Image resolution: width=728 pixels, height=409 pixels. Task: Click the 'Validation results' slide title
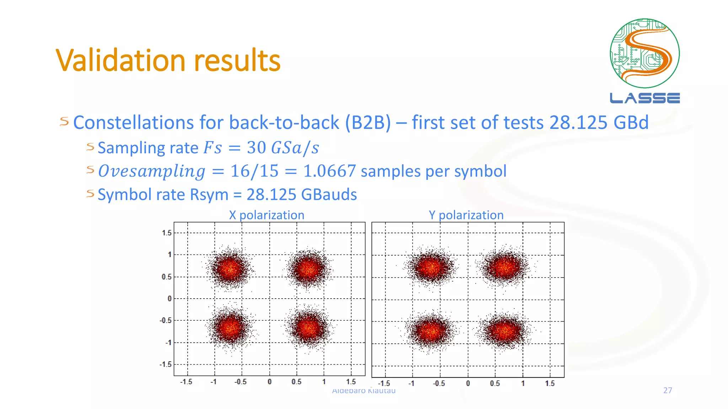(x=168, y=60)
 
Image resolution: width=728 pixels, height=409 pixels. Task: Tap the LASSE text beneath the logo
(x=644, y=98)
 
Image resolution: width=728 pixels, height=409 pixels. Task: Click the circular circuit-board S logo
(x=644, y=53)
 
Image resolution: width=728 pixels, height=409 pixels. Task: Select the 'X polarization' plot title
(x=267, y=215)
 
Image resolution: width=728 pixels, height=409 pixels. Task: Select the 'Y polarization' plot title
(x=466, y=215)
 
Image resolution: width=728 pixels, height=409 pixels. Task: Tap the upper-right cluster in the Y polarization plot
(x=504, y=266)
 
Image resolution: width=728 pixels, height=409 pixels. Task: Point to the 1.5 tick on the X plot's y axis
(x=166, y=233)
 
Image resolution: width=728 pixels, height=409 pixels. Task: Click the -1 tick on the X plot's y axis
(x=168, y=343)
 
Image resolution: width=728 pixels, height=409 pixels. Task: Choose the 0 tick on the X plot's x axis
(x=269, y=382)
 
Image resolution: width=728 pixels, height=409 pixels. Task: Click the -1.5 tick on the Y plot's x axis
(x=384, y=383)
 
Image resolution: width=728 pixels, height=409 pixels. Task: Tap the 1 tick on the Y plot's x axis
(x=523, y=383)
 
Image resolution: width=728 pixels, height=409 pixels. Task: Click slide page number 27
(x=668, y=390)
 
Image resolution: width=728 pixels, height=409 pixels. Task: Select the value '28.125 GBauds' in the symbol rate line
(x=301, y=195)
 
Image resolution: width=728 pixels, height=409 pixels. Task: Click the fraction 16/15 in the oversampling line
(x=254, y=171)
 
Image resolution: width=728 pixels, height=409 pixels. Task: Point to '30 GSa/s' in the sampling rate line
(x=283, y=148)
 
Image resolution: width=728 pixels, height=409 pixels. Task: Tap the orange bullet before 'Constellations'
(x=64, y=122)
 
